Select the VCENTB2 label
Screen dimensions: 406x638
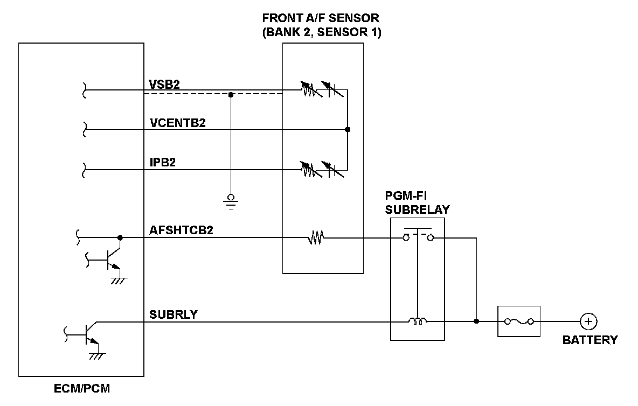177,123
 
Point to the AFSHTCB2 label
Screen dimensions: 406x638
182,230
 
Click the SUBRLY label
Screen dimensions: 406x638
173,314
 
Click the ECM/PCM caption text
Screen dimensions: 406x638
82,388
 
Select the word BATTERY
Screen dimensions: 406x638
590,340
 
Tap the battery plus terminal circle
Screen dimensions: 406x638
588,321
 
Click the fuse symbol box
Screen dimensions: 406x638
519,321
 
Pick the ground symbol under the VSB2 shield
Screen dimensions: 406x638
231,200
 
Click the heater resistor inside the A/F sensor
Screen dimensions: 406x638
315,237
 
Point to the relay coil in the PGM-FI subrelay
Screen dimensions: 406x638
418,321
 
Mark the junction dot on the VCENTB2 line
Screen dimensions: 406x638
348,129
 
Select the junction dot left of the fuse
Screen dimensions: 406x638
476,321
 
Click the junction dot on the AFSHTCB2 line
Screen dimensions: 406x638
120,237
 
